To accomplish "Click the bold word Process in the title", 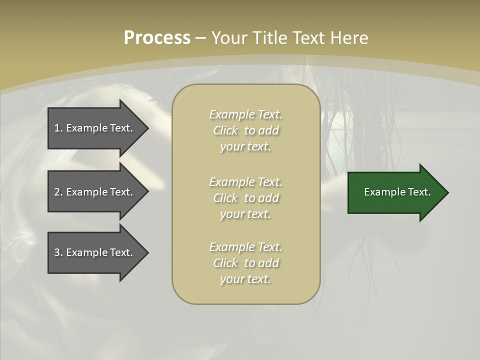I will click(157, 38).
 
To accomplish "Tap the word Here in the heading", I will click(348, 38).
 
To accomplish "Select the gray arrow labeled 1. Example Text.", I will click(95, 128).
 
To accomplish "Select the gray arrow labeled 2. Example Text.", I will click(95, 192).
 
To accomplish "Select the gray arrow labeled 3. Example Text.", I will click(95, 252).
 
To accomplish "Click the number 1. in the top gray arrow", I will click(58, 128).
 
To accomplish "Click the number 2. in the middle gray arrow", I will click(58, 192).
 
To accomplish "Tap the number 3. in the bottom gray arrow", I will click(58, 252).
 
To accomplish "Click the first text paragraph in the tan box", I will click(245, 130).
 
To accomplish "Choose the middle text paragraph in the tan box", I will click(245, 198).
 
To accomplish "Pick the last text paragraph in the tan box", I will click(245, 263).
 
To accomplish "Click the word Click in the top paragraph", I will click(225, 130).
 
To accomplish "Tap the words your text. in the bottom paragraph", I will click(245, 279).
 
